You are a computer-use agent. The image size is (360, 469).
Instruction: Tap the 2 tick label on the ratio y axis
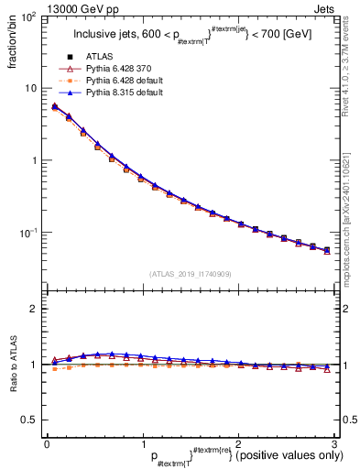point(33,309)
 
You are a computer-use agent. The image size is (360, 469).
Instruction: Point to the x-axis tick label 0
point(47,443)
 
